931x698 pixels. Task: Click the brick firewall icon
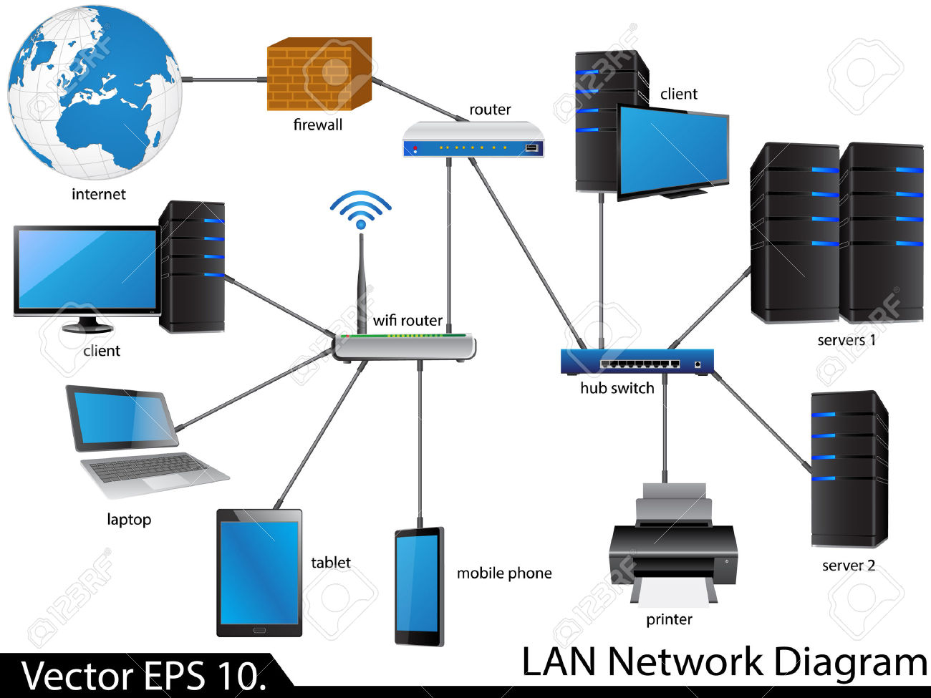[x=319, y=75]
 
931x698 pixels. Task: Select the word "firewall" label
[x=318, y=125]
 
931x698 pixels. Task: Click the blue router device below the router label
[x=473, y=140]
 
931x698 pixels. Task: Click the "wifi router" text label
[x=407, y=320]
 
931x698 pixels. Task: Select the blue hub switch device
[x=637, y=362]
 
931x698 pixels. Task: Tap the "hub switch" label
[x=617, y=388]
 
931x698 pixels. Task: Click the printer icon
[x=672, y=544]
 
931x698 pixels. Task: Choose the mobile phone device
[x=419, y=587]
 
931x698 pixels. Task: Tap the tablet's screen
[x=259, y=573]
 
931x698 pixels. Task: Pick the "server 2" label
[x=849, y=566]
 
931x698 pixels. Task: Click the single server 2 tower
[x=849, y=469]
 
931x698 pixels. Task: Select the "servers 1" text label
[x=846, y=340]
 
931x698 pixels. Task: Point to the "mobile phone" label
[x=504, y=573]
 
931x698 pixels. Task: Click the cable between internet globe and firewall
[x=222, y=79]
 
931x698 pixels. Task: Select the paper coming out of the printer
[x=673, y=593]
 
